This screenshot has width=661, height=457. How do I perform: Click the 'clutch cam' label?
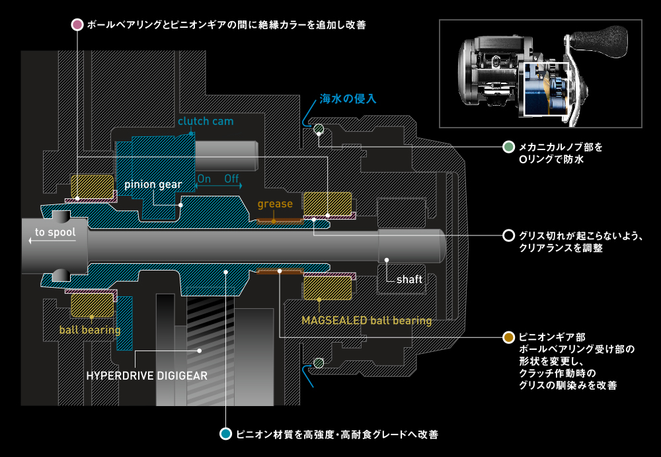pos(205,122)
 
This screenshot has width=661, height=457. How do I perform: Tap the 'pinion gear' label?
pos(153,185)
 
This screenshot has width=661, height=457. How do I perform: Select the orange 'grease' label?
pos(275,204)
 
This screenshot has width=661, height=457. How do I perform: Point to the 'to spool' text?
pos(56,232)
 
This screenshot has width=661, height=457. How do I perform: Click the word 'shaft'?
pos(409,279)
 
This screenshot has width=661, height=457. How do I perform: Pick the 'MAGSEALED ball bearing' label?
pos(366,321)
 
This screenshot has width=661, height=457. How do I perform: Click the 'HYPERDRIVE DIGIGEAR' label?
pos(147,376)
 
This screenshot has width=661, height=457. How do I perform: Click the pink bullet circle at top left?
pos(77,24)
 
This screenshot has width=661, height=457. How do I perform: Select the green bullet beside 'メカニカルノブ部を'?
pos(508,146)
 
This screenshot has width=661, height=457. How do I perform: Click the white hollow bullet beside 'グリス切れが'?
pos(508,235)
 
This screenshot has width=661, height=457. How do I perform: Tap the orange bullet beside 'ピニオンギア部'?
pos(508,337)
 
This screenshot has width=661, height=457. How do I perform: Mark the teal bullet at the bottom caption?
pos(225,435)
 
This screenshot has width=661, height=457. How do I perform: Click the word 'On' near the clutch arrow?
pos(204,179)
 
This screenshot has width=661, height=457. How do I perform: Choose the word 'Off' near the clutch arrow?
pos(231,179)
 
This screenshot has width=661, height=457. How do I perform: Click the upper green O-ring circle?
pos(319,128)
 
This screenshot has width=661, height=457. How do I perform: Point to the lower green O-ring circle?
pos(319,362)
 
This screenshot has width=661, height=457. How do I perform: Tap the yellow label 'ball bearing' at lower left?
pos(90,329)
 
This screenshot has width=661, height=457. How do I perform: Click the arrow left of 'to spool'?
pos(30,241)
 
